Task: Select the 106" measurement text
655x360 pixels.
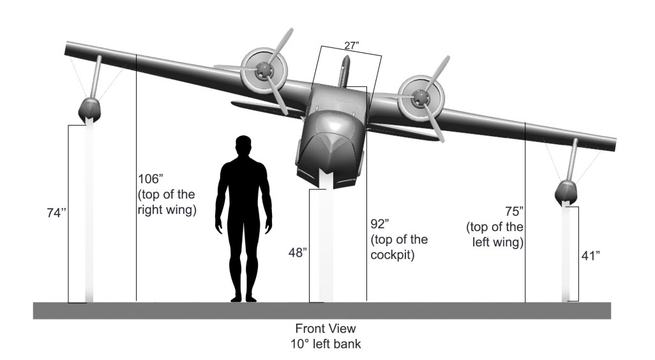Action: [151, 179]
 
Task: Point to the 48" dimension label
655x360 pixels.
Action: [297, 253]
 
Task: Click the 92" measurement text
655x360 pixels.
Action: [380, 225]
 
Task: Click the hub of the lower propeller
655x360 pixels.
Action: [420, 97]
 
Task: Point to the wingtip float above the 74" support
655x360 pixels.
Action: [90, 110]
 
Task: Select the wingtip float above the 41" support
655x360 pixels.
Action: [566, 191]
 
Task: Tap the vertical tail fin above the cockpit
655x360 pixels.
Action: [345, 71]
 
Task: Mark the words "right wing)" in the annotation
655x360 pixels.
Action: [166, 209]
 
